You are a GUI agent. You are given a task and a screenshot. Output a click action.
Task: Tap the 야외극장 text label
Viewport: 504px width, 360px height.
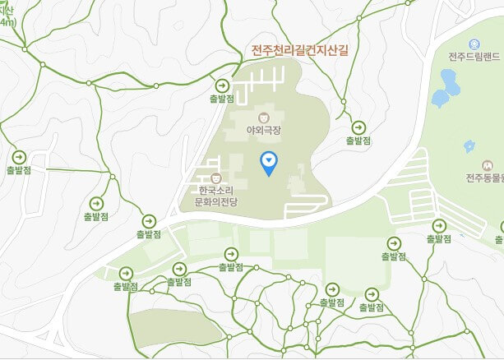pyautogui.click(x=263, y=131)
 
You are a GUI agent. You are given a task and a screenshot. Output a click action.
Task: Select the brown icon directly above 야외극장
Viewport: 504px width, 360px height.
pyautogui.click(x=263, y=118)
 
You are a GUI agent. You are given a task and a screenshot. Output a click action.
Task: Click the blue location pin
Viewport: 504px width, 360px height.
pyautogui.click(x=268, y=162)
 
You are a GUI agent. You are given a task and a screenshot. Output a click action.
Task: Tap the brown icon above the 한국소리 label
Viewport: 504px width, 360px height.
pyautogui.click(x=215, y=176)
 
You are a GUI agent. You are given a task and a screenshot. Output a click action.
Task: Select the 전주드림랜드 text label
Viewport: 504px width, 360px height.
pyautogui.click(x=474, y=57)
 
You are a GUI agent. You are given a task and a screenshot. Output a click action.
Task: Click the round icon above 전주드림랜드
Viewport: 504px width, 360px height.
pyautogui.click(x=474, y=44)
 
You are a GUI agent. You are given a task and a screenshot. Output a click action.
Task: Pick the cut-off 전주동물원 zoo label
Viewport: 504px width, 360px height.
pyautogui.click(x=483, y=178)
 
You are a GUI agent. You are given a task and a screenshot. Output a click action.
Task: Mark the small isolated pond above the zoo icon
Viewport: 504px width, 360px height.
pyautogui.click(x=469, y=146)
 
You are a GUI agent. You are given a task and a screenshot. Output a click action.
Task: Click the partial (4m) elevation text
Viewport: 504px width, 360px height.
pyautogui.click(x=7, y=21)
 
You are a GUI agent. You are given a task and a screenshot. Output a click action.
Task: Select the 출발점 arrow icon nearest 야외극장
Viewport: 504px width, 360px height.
pyautogui.click(x=222, y=85)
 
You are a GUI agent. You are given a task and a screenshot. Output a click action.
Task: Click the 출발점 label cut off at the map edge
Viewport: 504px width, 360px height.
pyautogui.click(x=499, y=239)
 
